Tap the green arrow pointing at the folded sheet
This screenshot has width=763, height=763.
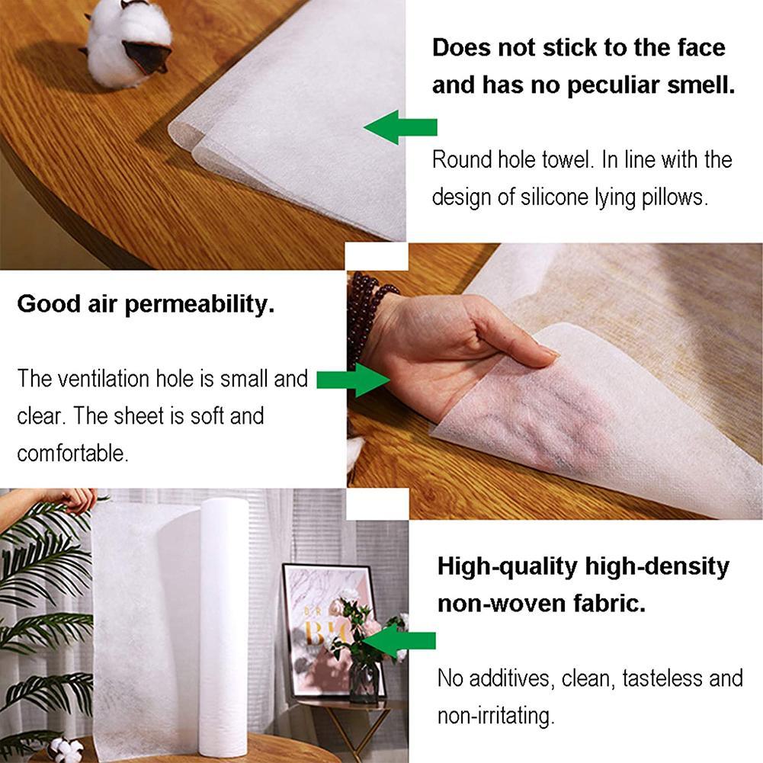(x=399, y=127)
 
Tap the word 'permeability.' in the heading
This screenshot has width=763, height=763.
(x=199, y=305)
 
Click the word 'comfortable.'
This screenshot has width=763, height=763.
(x=72, y=453)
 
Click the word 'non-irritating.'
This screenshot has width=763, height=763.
(x=495, y=716)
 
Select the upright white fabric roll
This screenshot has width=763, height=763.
(x=223, y=625)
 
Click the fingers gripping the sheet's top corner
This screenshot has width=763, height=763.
(x=76, y=499)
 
